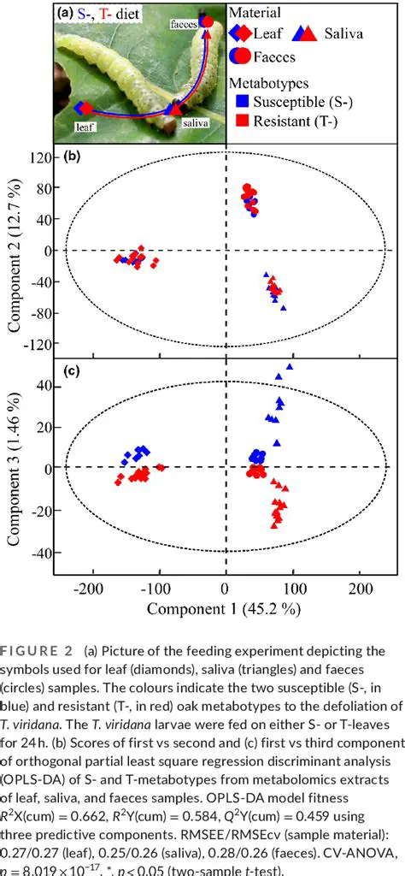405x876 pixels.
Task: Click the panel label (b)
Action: point(73,157)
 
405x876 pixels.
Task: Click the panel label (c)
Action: point(73,372)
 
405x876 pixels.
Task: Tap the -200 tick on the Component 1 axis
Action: point(87,589)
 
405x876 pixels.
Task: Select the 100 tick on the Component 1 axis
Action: point(293,589)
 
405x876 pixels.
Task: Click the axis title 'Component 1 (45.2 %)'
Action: point(224,609)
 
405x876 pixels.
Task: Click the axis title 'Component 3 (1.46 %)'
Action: point(14,469)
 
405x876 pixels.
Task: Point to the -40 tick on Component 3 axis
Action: point(38,553)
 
